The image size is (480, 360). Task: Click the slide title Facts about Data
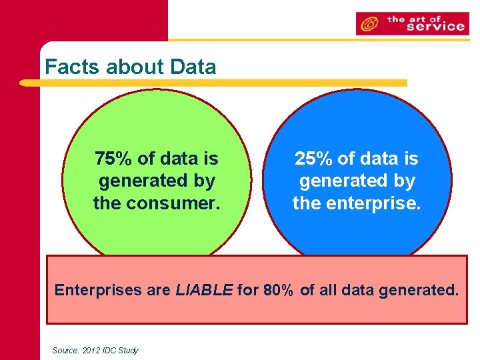[x=130, y=67]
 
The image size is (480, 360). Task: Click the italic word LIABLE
[x=204, y=290]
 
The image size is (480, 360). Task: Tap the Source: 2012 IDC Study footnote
[x=95, y=350]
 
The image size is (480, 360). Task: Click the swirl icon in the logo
[x=367, y=24]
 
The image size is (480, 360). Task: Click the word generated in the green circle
[x=157, y=181]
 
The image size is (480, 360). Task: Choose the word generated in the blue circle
[x=357, y=181]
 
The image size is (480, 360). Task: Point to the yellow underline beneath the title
[x=213, y=83]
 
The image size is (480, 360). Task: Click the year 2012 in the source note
[x=89, y=350]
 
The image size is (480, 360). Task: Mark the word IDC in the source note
[x=108, y=350]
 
